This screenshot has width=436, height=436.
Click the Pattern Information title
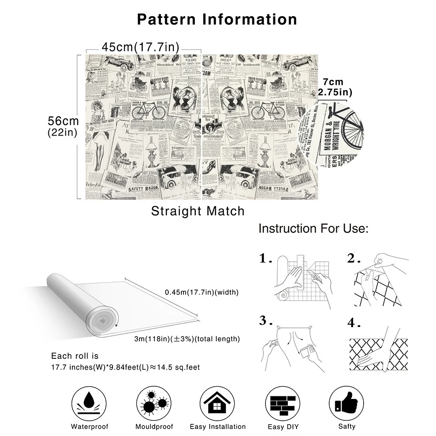(217, 19)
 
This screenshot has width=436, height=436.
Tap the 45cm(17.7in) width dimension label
(140, 47)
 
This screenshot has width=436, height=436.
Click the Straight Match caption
(198, 211)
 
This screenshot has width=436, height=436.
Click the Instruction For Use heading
(313, 228)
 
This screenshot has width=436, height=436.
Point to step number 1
(265, 259)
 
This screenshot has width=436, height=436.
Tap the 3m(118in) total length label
(187, 339)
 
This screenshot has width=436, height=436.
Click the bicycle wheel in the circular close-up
(352, 126)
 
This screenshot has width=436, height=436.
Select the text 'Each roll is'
(75, 356)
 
